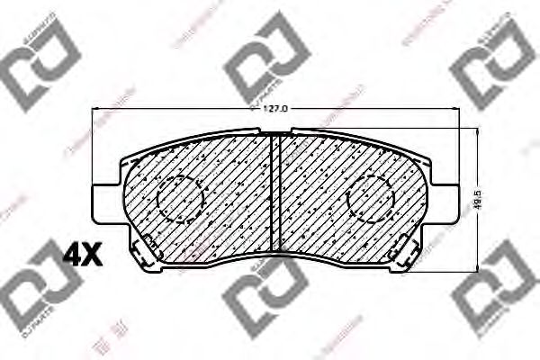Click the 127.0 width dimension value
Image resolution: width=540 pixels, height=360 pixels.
coord(274,110)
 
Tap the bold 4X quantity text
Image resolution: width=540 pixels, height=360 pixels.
coord(83,256)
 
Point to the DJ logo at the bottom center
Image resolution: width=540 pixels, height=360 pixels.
coord(265,292)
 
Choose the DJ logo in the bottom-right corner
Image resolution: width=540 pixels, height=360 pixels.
coord(495,288)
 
